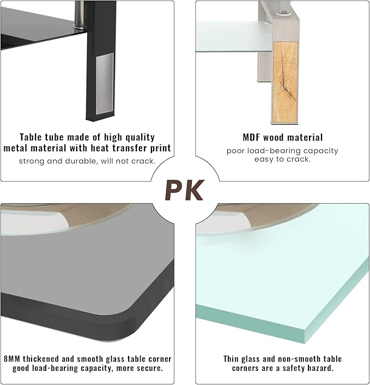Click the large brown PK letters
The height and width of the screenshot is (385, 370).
click(185, 190)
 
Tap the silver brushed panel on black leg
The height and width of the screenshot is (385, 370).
click(105, 84)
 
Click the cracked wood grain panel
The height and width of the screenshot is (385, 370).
click(285, 82)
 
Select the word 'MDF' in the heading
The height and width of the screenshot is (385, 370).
click(251, 137)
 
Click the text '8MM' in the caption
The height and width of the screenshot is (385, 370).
click(12, 359)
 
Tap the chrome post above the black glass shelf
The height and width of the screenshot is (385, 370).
click(79, 14)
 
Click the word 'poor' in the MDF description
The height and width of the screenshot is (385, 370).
click(235, 151)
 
